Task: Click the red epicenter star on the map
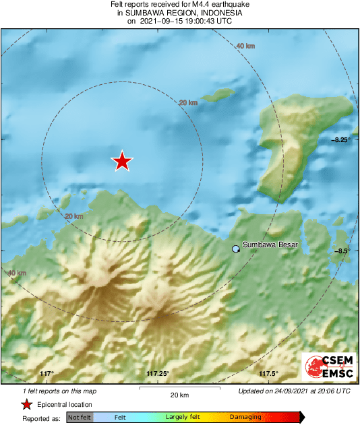(x=122, y=161)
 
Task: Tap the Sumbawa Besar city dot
(x=235, y=249)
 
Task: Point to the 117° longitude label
(x=47, y=374)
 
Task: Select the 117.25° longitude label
(x=157, y=374)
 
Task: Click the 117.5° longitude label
(x=268, y=374)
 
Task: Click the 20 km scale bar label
(x=179, y=395)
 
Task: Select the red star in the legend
(x=26, y=405)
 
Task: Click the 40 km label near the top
(x=245, y=46)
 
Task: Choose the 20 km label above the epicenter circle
(x=188, y=102)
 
